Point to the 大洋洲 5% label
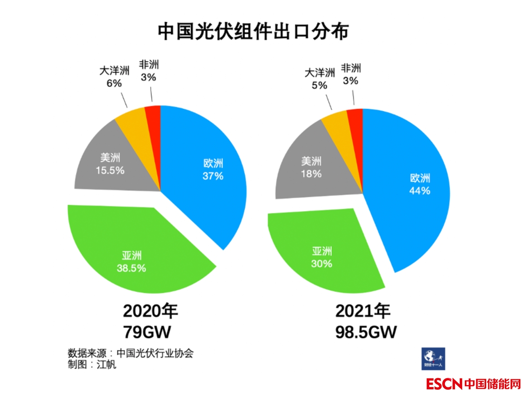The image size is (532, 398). pos(319,79)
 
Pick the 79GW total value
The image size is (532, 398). pos(147,332)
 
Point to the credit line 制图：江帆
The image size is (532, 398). pos(92,364)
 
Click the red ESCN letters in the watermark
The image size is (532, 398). pos(444,384)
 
